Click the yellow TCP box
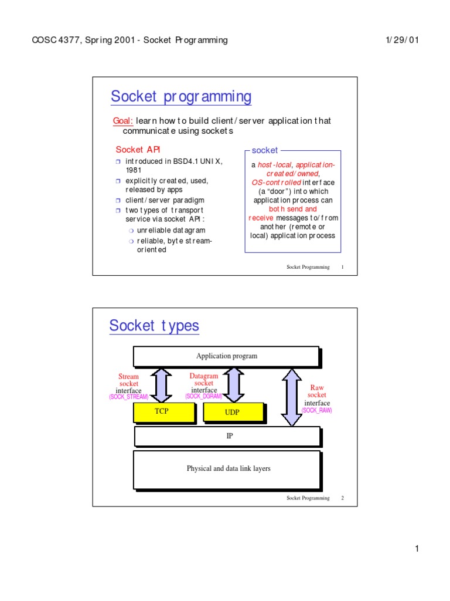point(161,411)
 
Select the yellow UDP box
point(233,413)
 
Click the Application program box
point(226,356)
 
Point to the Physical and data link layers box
point(227,468)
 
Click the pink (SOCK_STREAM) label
point(128,397)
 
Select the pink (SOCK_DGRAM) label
point(203,397)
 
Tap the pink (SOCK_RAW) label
point(316,410)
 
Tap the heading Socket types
point(154,326)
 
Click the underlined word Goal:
point(122,120)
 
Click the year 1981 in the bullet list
point(134,170)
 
